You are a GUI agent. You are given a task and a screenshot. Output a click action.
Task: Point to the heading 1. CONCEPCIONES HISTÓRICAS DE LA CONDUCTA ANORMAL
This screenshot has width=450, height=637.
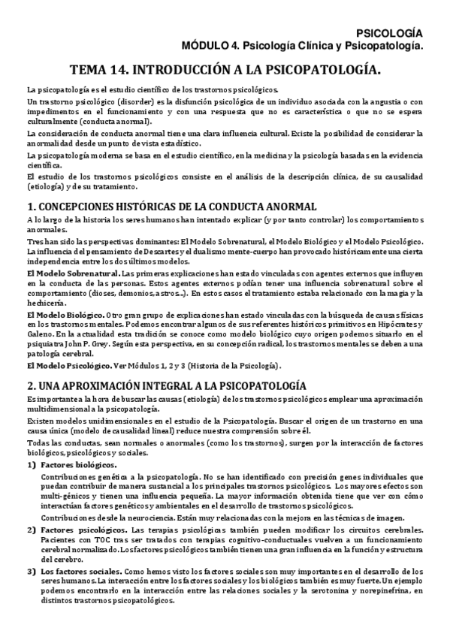click(x=171, y=207)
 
